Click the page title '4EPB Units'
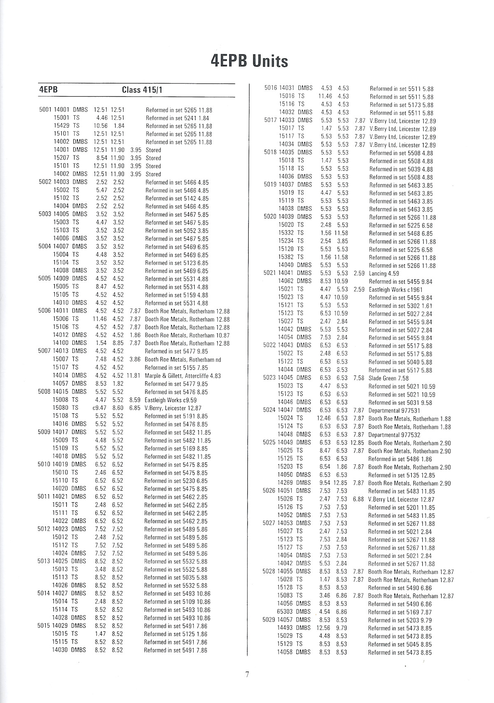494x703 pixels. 249,61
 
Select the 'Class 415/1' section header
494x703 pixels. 143,90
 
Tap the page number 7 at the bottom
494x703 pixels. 247,675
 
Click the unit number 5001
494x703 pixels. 45,110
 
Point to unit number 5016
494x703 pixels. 270,88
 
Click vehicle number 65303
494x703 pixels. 285,612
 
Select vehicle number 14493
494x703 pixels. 285,628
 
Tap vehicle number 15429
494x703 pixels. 61,126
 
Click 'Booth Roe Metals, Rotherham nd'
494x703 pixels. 183,360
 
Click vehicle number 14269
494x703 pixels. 285,483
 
